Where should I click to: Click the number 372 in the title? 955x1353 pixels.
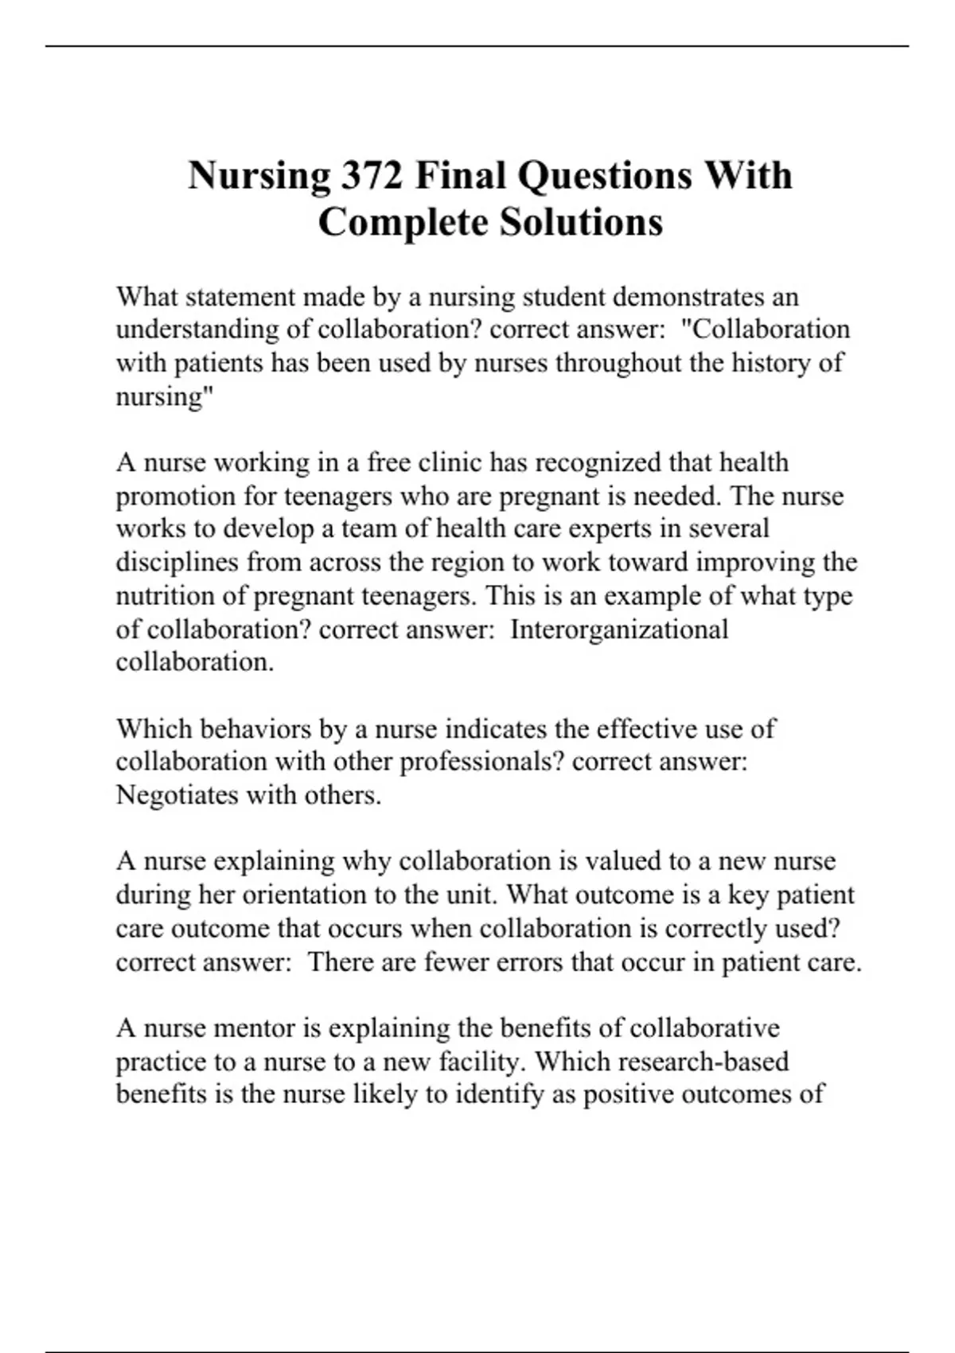click(x=372, y=175)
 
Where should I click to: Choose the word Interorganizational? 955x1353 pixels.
click(x=619, y=629)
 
